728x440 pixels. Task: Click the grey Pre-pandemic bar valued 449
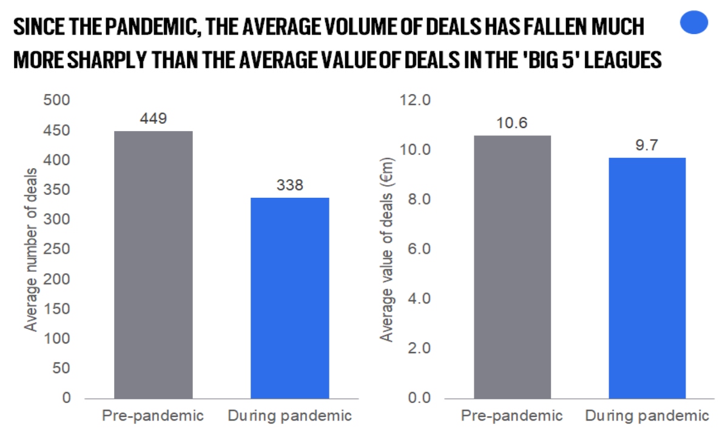153,265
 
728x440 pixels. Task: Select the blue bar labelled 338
290,298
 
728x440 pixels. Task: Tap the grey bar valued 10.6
513,266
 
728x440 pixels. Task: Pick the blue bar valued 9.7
647,278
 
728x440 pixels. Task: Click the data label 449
153,119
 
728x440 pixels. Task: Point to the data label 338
290,185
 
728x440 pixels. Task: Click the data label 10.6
513,123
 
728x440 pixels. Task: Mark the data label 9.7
647,146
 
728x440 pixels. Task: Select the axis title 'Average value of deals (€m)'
386,249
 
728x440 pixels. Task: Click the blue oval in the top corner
694,24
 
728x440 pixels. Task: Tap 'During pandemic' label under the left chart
290,416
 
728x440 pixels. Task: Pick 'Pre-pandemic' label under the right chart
512,416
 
